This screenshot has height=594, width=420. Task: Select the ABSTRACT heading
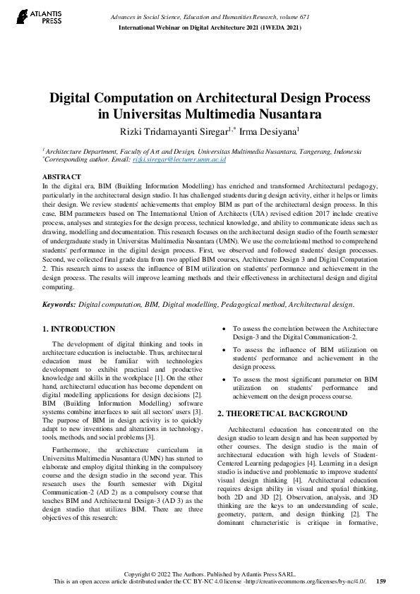pyautogui.click(x=61, y=176)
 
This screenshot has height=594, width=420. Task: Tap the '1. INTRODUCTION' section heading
pyautogui.click(x=79, y=329)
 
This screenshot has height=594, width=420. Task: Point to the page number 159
pyautogui.click(x=380, y=581)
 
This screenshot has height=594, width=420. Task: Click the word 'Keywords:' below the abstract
pyautogui.click(x=59, y=304)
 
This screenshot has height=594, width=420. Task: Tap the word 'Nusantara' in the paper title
pyautogui.click(x=280, y=114)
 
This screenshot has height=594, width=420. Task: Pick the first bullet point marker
pyautogui.click(x=224, y=329)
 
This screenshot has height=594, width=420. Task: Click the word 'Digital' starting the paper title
pyautogui.click(x=76, y=97)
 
